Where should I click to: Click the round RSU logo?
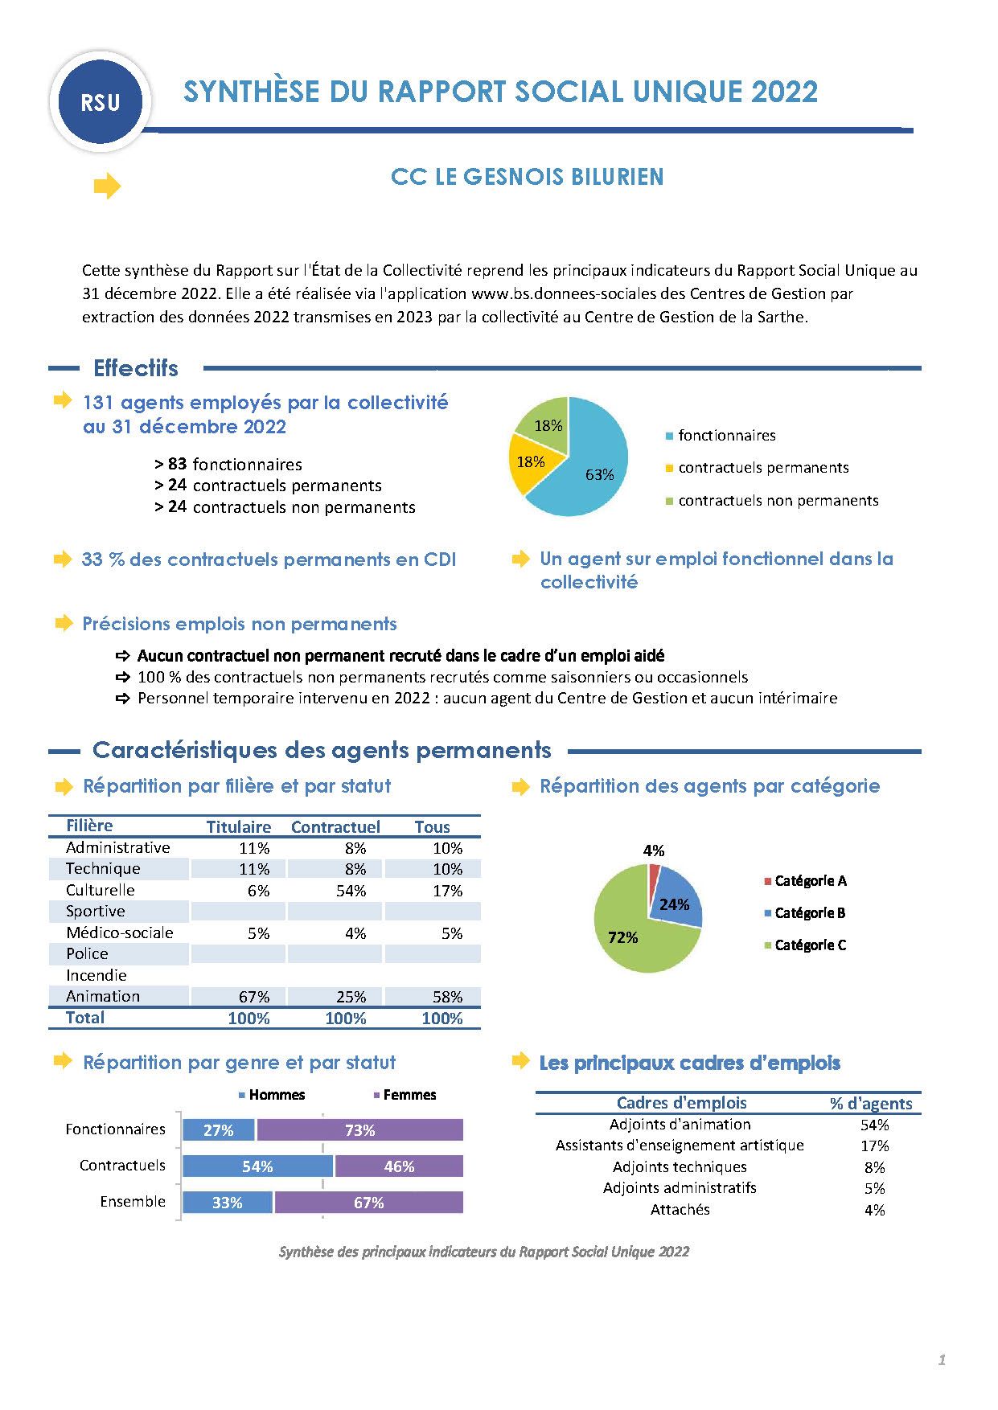click(101, 103)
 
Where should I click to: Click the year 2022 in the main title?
click(784, 92)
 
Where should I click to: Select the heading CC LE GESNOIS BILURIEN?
click(527, 177)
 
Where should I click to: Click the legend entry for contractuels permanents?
click(762, 468)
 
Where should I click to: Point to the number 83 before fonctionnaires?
click(178, 464)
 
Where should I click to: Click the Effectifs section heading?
click(135, 368)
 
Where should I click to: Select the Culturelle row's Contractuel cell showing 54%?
click(351, 891)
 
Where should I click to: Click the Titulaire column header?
click(238, 826)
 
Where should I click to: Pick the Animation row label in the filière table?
click(103, 996)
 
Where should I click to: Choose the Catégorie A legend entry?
click(809, 881)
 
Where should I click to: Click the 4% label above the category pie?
click(654, 851)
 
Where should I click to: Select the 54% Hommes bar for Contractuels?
click(257, 1166)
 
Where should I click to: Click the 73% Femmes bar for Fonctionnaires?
click(359, 1130)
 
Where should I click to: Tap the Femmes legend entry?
click(409, 1095)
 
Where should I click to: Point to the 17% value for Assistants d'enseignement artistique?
click(874, 1146)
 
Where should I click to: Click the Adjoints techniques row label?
click(680, 1166)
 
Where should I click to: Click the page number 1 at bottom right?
click(942, 1360)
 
